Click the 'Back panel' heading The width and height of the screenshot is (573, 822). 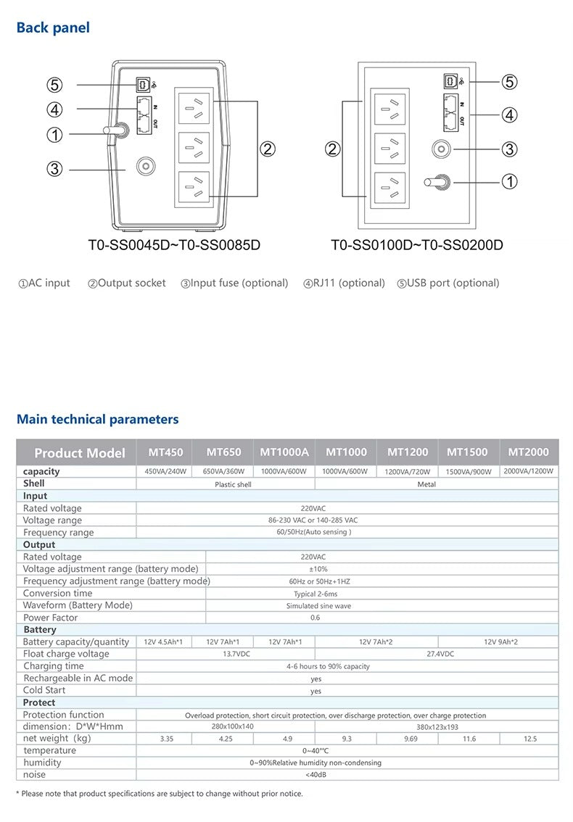[x=53, y=28]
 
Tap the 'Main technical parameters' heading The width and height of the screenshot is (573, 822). [x=97, y=419]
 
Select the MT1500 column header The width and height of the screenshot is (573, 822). [x=467, y=452]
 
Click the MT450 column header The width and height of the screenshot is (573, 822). [x=165, y=452]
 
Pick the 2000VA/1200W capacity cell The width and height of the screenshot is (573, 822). [x=528, y=471]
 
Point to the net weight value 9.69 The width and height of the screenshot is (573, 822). [x=408, y=739]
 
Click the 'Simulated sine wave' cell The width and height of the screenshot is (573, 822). [x=315, y=606]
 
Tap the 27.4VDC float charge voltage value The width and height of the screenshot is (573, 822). [x=440, y=654]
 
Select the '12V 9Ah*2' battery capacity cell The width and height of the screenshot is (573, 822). [x=500, y=642]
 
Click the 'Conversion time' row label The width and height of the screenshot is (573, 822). [x=57, y=593]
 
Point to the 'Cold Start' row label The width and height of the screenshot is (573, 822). [x=44, y=690]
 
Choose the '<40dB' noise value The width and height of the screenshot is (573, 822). [x=315, y=775]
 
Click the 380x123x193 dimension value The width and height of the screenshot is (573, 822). [x=437, y=726]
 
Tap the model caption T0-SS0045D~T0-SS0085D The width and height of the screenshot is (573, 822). [x=174, y=245]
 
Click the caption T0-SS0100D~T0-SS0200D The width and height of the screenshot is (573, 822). [x=416, y=245]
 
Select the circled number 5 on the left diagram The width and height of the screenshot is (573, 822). [x=55, y=85]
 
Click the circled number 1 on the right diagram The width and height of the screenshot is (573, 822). [x=510, y=181]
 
